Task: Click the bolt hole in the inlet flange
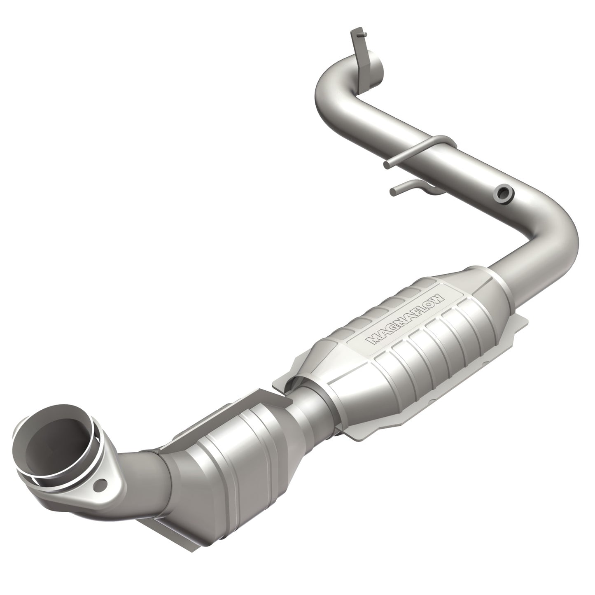[99, 486]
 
